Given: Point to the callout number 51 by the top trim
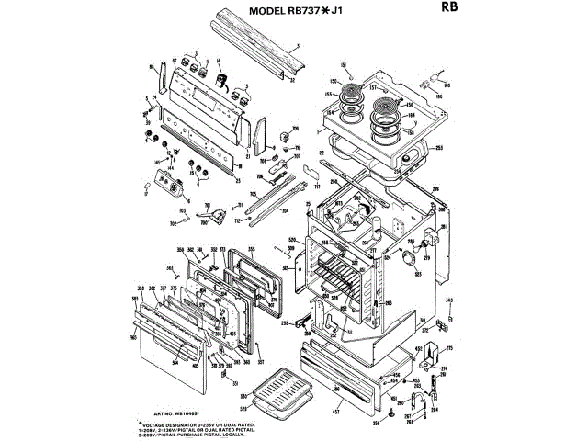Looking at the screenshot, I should click(x=297, y=45).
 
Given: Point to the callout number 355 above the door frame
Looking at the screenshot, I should click(x=251, y=248).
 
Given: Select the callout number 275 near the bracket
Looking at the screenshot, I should click(x=450, y=348).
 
